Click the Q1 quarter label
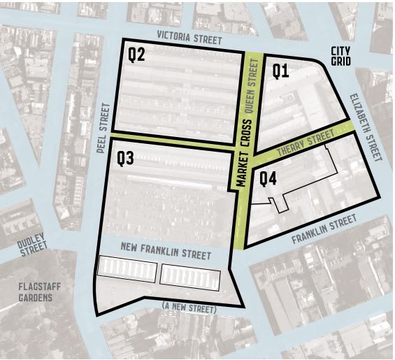[x=280, y=71]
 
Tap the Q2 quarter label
[x=136, y=55]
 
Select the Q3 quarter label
[x=125, y=159]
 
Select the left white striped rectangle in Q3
[x=127, y=268]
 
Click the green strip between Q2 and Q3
[x=171, y=141]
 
